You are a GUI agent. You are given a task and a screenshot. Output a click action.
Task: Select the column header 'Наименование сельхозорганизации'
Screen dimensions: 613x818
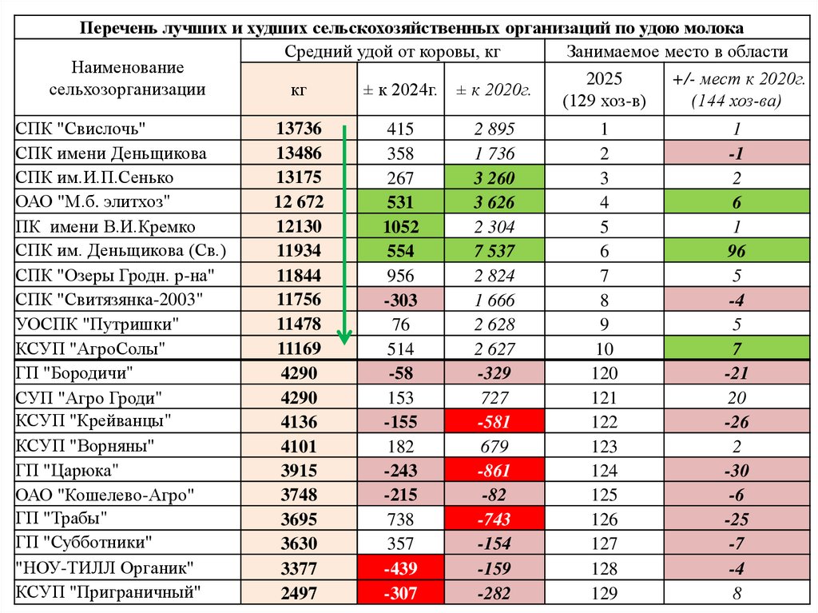(127, 78)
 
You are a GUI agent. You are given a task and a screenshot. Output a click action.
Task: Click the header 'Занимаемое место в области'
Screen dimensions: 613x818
(677, 52)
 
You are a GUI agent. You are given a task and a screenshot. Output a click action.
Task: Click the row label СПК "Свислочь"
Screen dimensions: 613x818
(83, 129)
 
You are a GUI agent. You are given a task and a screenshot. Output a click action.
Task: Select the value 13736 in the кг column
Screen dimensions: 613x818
(299, 129)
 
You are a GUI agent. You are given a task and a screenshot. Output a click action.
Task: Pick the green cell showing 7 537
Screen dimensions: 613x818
(494, 252)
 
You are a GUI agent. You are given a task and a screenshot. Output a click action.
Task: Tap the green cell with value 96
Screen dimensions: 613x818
(737, 252)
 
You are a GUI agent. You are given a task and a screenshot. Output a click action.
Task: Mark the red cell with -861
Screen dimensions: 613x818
(494, 470)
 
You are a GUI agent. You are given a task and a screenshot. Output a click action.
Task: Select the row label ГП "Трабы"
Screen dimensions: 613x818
(62, 518)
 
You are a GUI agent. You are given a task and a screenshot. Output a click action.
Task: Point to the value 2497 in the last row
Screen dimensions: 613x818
(299, 593)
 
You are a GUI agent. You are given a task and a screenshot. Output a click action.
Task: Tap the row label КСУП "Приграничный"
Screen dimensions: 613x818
(108, 592)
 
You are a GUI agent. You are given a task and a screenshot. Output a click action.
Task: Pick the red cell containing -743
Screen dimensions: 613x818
(494, 519)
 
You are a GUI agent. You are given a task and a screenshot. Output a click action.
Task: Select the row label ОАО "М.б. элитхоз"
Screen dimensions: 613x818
(93, 202)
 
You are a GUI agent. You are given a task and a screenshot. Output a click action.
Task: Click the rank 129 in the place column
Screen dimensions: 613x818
(604, 593)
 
